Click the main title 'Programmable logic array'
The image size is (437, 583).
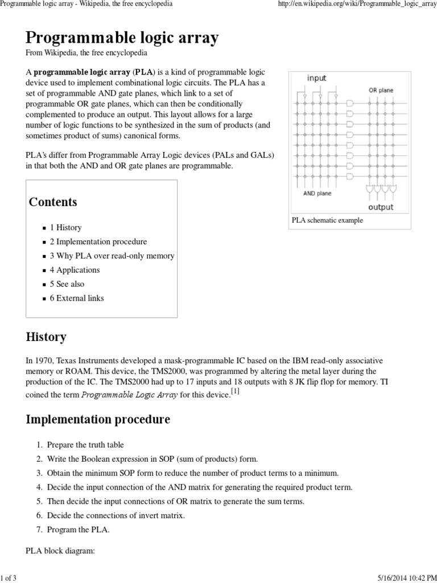click(x=122, y=38)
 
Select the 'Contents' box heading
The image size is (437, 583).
click(x=53, y=202)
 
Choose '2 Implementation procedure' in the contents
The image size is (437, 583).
click(x=98, y=242)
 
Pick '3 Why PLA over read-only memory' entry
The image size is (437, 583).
click(x=112, y=256)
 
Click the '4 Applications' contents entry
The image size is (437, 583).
click(x=75, y=270)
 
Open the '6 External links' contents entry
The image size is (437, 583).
click(x=77, y=298)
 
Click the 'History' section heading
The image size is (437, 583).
click(x=46, y=337)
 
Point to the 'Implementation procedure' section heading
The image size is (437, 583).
click(x=98, y=420)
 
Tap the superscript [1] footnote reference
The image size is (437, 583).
click(x=235, y=391)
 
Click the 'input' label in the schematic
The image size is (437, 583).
click(x=316, y=78)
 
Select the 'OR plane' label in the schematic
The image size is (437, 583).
click(x=381, y=90)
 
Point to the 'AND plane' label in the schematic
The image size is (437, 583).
click(x=318, y=193)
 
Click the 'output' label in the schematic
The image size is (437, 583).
click(x=380, y=207)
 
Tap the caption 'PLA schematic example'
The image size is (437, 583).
click(x=327, y=220)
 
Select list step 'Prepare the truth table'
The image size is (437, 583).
click(x=85, y=445)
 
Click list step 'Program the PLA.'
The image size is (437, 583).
click(x=78, y=530)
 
